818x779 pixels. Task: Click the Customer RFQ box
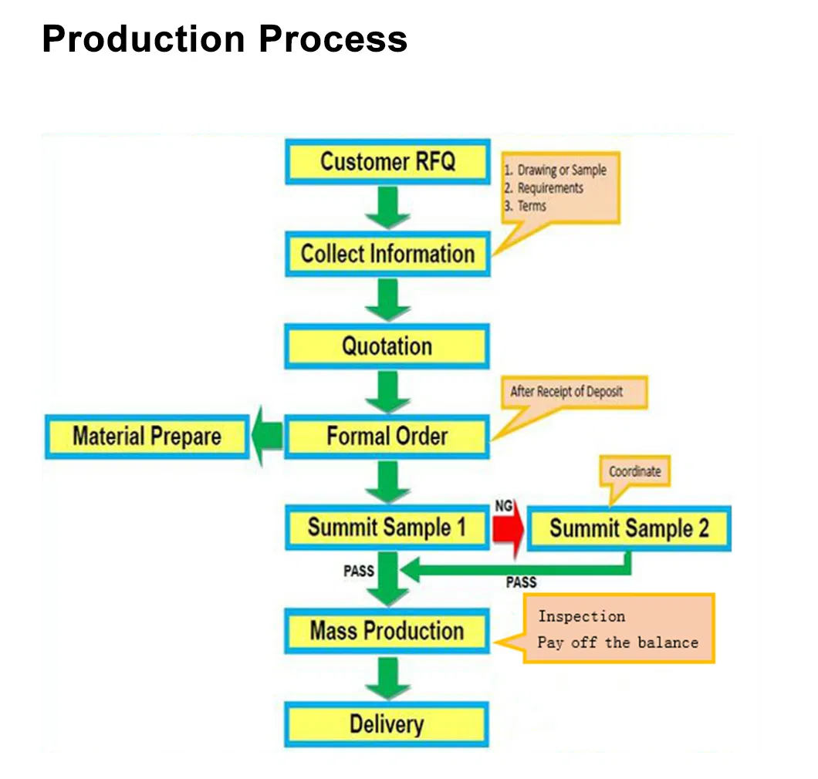(x=387, y=162)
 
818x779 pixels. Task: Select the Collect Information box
(x=387, y=254)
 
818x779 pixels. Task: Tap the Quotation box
(x=387, y=346)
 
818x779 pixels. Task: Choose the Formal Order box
(x=387, y=437)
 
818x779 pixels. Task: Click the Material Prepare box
(x=147, y=437)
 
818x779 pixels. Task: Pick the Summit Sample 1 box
(x=387, y=528)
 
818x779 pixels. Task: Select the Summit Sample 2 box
(x=628, y=528)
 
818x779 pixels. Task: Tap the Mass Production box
(x=387, y=631)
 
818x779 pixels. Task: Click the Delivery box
(x=387, y=724)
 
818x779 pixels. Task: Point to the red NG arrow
(x=509, y=528)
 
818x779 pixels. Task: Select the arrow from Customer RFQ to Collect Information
(x=387, y=207)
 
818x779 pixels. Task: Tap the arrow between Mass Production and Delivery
(x=387, y=678)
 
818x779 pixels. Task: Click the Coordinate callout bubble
(x=634, y=471)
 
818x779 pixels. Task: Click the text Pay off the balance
(x=617, y=642)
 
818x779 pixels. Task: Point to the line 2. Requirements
(x=549, y=188)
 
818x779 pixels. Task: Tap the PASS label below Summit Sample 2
(x=521, y=583)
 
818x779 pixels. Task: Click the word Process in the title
(x=333, y=39)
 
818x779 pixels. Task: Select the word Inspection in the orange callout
(x=581, y=616)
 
